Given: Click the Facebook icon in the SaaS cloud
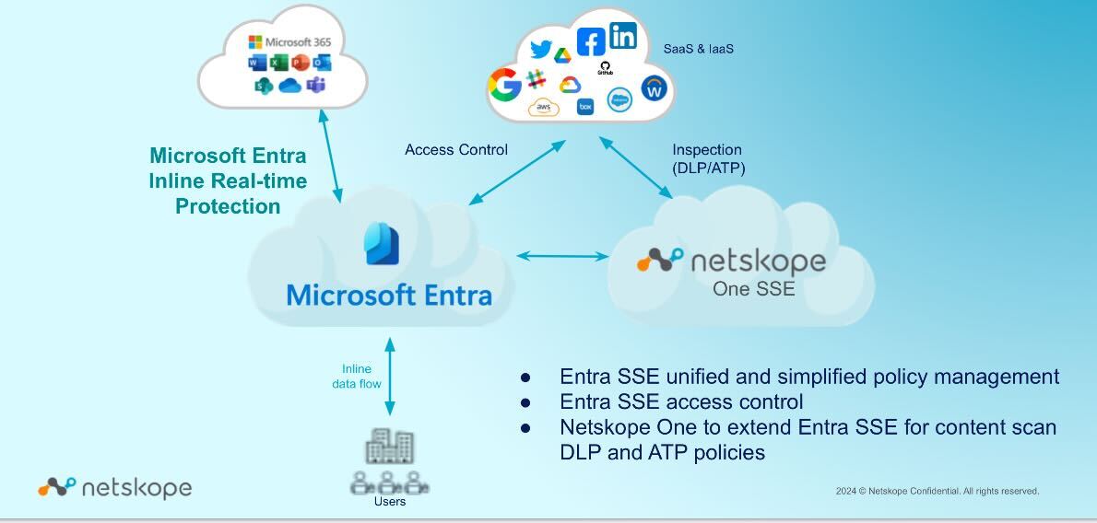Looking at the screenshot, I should pyautogui.click(x=591, y=41).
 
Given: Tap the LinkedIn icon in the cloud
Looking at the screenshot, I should pyautogui.click(x=623, y=36).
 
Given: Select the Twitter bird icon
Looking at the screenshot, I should pyautogui.click(x=541, y=49).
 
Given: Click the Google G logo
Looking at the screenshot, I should pyautogui.click(x=504, y=86).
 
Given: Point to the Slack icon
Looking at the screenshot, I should pyautogui.click(x=536, y=79).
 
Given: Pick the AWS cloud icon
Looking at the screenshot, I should pyautogui.click(x=544, y=109).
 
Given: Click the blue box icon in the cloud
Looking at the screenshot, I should pyautogui.click(x=584, y=107).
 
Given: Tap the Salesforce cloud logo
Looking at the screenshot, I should pyautogui.click(x=619, y=101).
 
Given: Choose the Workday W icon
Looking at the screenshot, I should pyautogui.click(x=655, y=88).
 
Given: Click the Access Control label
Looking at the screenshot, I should pyautogui.click(x=456, y=149).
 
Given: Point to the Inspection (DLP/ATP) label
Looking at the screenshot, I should pyautogui.click(x=708, y=158).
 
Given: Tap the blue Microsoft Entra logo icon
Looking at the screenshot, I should pyautogui.click(x=383, y=244).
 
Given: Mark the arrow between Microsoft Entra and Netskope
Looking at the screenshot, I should pyautogui.click(x=561, y=255).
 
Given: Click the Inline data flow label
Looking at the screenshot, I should pyautogui.click(x=357, y=376).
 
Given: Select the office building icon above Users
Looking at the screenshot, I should pyautogui.click(x=389, y=447).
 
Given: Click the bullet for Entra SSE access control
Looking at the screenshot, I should pyautogui.click(x=526, y=402).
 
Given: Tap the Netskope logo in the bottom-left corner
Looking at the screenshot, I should pyautogui.click(x=114, y=487).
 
